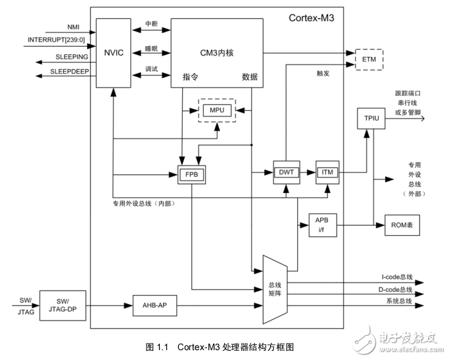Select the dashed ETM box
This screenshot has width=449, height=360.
369,58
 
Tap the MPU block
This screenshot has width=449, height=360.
217,110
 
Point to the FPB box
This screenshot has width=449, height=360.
192,175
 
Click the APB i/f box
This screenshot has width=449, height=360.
322,225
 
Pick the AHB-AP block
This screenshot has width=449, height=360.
155,305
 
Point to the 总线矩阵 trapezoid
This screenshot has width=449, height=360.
275,289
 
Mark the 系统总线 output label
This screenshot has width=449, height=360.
397,301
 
